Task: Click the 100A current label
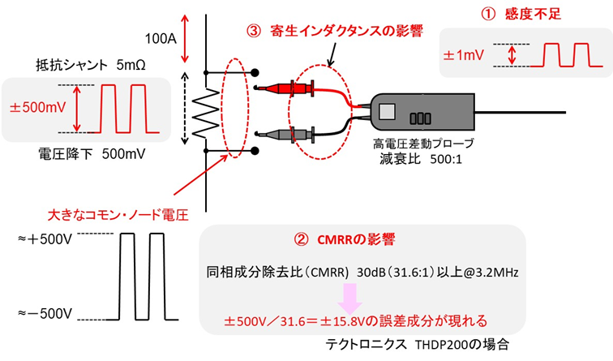coord(160,37)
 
